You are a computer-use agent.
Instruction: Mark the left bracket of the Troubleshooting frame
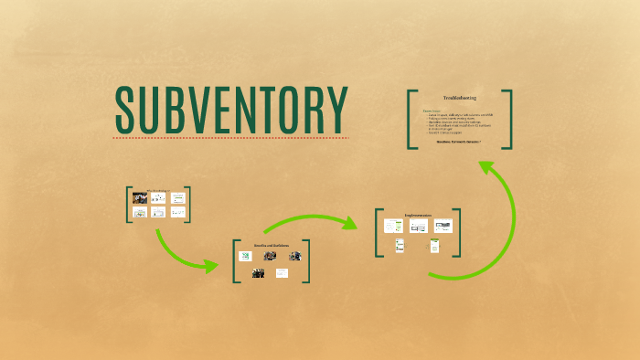(411, 119)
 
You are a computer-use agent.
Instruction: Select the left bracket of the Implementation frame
(378, 233)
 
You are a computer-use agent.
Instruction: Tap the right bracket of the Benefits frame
(306, 261)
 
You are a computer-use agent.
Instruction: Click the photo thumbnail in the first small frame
(140, 197)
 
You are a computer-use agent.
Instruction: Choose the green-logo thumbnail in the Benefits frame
(245, 256)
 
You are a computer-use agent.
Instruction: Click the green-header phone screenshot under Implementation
(434, 245)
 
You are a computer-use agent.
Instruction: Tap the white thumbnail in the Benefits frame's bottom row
(282, 272)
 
